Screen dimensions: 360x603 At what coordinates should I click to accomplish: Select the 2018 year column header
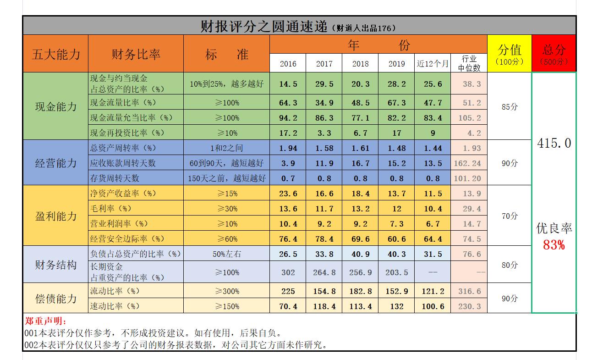click(360, 64)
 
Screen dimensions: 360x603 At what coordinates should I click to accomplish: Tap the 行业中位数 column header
click(469, 63)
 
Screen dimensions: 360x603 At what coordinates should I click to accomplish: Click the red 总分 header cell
click(554, 53)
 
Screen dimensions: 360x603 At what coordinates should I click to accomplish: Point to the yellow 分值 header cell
click(509, 53)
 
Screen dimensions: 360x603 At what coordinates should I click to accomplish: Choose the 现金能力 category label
click(56, 107)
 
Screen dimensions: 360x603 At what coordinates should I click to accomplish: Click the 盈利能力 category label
click(56, 216)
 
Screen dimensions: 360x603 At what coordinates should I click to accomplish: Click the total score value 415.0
click(554, 144)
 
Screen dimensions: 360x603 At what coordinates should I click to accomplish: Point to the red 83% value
click(554, 245)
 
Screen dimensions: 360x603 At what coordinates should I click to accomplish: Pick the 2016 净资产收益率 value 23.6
click(288, 194)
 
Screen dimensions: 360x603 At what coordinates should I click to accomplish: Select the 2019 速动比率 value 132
click(396, 306)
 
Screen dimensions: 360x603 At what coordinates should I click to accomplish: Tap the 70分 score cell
click(509, 216)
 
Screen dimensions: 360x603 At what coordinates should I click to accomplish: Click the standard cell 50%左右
click(226, 254)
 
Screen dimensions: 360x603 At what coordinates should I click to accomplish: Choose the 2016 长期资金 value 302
click(288, 272)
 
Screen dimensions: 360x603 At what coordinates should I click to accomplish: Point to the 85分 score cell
click(509, 107)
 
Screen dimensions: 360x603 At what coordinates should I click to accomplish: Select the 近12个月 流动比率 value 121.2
click(433, 291)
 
